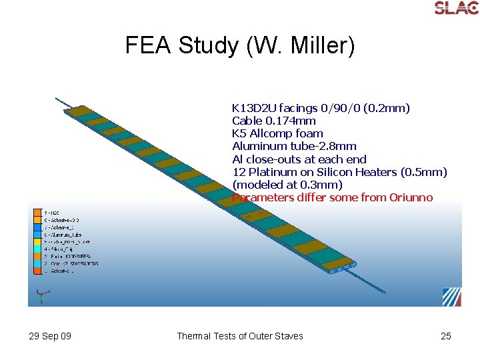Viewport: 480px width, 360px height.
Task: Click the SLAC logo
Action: pyautogui.click(x=456, y=8)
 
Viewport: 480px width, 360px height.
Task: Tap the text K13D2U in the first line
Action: pyautogui.click(x=254, y=108)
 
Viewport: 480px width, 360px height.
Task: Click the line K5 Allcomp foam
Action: pyautogui.click(x=277, y=133)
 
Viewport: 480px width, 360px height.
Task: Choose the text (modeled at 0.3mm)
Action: pyautogui.click(x=287, y=185)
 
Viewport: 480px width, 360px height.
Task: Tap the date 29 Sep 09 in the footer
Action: pyautogui.click(x=50, y=336)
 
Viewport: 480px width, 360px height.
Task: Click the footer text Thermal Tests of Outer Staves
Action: pyautogui.click(x=239, y=336)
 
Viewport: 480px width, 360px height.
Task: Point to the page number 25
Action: pyautogui.click(x=446, y=336)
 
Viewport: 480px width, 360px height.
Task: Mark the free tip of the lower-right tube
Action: pyautogui.click(x=384, y=291)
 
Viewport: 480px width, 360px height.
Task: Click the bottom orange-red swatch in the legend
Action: pyautogui.click(x=37, y=271)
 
